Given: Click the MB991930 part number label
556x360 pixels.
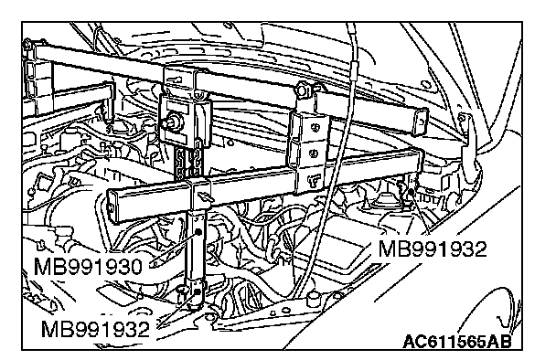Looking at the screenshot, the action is coord(88,267).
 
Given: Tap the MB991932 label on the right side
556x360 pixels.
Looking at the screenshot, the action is coord(433,249).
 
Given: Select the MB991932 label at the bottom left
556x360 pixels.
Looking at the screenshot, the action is coord(95,329).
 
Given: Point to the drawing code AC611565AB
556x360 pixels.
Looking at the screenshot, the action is coord(457,342).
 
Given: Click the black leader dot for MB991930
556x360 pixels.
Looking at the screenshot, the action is coord(198,232).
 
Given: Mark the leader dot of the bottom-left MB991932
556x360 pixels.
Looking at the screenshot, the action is coord(198,291).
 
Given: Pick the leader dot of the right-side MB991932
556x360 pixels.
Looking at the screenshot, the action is coord(411,192).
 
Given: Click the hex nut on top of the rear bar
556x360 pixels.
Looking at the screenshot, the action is coord(304,89).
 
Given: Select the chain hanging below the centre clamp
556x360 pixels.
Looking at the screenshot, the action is coord(188,162).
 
